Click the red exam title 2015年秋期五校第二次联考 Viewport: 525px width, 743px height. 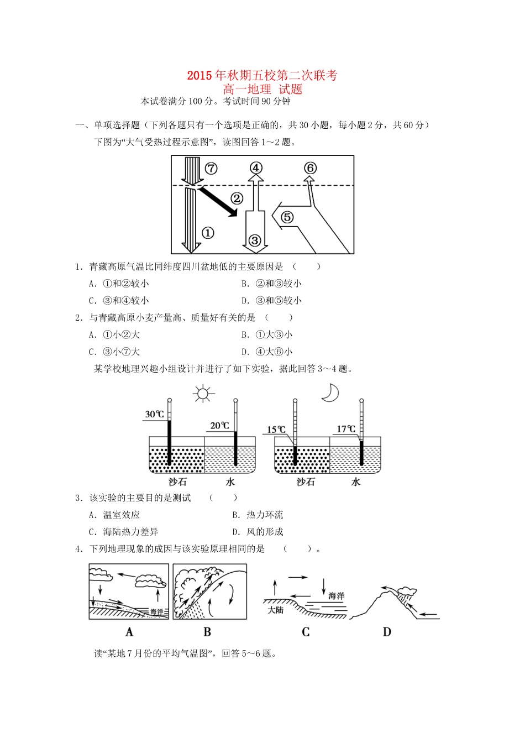coord(262,76)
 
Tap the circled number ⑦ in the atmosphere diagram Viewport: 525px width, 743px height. coord(211,169)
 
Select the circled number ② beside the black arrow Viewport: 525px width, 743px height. coord(237,198)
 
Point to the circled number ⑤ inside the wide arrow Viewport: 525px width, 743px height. coord(287,217)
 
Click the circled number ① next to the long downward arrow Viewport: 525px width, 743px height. coord(208,233)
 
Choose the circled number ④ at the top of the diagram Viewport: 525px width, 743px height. coord(255,168)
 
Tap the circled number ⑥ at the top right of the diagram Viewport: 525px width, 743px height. coord(310,168)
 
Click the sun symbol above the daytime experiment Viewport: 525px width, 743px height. coord(203,394)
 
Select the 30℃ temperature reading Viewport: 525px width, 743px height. coord(155,414)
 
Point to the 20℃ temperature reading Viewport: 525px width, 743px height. coord(219,425)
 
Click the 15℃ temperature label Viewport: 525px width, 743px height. coord(276,430)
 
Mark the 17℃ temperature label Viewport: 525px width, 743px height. coord(347,429)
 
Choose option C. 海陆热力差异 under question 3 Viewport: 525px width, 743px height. coord(123,532)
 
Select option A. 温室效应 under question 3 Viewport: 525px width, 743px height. coord(114,515)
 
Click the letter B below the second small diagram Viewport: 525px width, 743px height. coord(207,632)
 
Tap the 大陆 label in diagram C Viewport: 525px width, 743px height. coord(276,610)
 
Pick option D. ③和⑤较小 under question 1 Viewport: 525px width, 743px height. coord(271,301)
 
